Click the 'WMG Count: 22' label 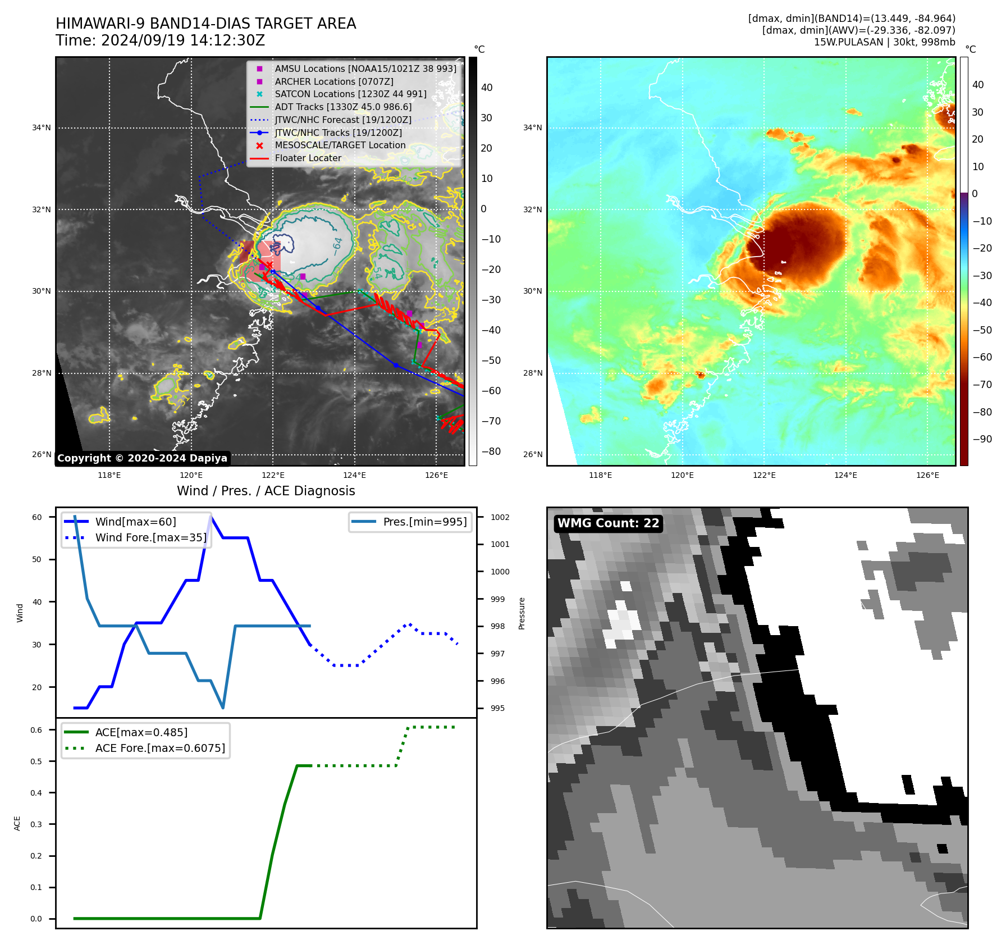pyautogui.click(x=608, y=523)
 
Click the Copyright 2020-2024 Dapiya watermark pyautogui.click(x=142, y=458)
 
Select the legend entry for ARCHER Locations pyautogui.click(x=333, y=81)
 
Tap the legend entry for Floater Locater pyautogui.click(x=308, y=158)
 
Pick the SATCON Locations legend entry pyautogui.click(x=350, y=94)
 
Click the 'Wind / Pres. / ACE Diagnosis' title pyautogui.click(x=266, y=491)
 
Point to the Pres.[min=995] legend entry pyautogui.click(x=424, y=522)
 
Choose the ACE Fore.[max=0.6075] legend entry pyautogui.click(x=160, y=748)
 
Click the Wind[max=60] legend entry pyautogui.click(x=135, y=522)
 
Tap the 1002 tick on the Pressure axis pyautogui.click(x=500, y=517)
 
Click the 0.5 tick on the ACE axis pyautogui.click(x=36, y=761)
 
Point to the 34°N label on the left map pyautogui.click(x=41, y=128)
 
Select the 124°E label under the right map pyautogui.click(x=845, y=475)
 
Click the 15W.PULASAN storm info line pyautogui.click(x=884, y=42)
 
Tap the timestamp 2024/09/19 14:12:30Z pyautogui.click(x=182, y=40)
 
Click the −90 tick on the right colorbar pyautogui.click(x=982, y=439)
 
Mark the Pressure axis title pyautogui.click(x=522, y=613)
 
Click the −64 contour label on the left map pyautogui.click(x=337, y=247)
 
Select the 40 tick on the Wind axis pyautogui.click(x=36, y=602)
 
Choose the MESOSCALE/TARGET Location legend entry pyautogui.click(x=340, y=145)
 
